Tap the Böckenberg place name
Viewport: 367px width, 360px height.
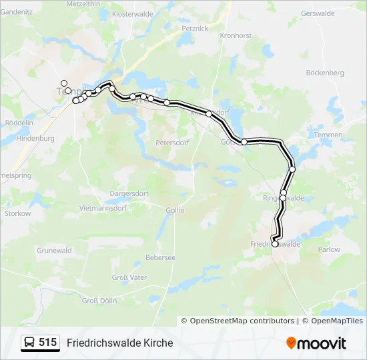click(x=324, y=72)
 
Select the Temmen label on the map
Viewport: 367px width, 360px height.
click(x=328, y=135)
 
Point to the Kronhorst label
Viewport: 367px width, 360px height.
click(x=235, y=35)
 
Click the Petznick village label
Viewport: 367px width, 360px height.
click(x=195, y=29)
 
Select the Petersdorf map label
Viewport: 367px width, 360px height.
click(x=173, y=143)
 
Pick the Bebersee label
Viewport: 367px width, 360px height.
click(x=160, y=257)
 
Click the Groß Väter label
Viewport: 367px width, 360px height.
click(x=129, y=277)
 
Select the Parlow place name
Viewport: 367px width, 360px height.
click(x=329, y=249)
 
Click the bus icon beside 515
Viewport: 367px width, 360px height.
click(x=30, y=343)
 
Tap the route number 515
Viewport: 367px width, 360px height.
click(x=47, y=343)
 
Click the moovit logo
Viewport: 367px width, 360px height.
click(x=316, y=343)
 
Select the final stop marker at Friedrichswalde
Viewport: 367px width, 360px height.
click(x=275, y=245)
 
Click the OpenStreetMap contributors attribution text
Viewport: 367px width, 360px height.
click(x=242, y=321)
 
